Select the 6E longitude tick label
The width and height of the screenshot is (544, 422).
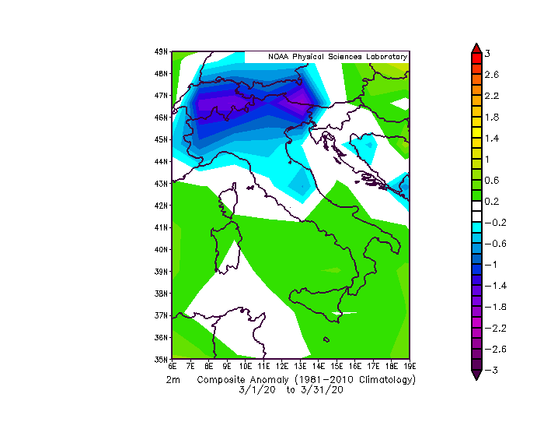coord(173,365)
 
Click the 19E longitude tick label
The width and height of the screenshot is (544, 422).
coord(410,365)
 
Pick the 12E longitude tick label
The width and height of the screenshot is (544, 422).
coord(281,365)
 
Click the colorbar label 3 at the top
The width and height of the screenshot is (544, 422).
coord(486,53)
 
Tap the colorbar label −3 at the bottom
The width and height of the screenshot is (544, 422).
coord(490,371)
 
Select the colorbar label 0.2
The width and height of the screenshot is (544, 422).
coord(491,201)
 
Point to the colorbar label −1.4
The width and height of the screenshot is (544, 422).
coord(490,286)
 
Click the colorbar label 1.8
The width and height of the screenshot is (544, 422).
coord(491,117)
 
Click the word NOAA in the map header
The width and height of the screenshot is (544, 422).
coord(279,57)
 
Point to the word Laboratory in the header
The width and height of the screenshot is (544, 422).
coord(382,57)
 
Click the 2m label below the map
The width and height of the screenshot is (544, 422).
coord(173,380)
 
